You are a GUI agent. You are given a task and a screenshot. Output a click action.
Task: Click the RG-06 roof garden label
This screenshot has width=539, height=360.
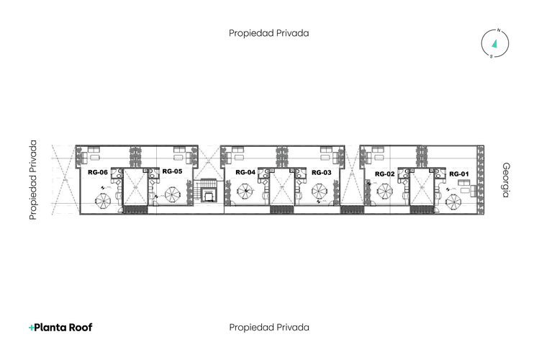pyautogui.click(x=98, y=173)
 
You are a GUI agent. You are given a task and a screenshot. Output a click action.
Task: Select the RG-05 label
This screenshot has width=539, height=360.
pyautogui.click(x=172, y=171)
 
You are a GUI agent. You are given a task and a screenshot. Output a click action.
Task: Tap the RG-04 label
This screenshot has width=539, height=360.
pyautogui.click(x=245, y=173)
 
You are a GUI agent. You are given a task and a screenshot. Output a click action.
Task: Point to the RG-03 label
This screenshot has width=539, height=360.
pyautogui.click(x=322, y=173)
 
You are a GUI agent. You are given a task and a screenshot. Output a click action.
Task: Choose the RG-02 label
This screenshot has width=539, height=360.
pyautogui.click(x=385, y=174)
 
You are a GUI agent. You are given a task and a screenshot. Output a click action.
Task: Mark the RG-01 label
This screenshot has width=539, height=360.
pyautogui.click(x=458, y=174)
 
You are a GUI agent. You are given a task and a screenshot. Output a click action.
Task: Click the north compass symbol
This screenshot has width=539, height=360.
pyautogui.click(x=495, y=44)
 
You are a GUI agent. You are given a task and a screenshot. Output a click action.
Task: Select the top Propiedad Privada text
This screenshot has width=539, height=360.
pyautogui.click(x=269, y=33)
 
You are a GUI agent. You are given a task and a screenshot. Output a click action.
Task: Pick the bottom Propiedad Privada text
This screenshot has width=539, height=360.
pyautogui.click(x=269, y=327)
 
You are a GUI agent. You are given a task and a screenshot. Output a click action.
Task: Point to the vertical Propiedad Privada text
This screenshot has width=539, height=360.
pyautogui.click(x=33, y=180)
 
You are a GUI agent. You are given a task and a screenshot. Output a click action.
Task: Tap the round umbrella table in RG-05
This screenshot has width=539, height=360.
pyautogui.click(x=173, y=194)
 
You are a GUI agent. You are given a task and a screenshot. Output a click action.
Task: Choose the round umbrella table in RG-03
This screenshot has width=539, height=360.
pyautogui.click(x=320, y=192)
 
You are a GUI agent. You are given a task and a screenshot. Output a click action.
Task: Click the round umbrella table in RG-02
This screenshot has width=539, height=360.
pyautogui.click(x=385, y=192)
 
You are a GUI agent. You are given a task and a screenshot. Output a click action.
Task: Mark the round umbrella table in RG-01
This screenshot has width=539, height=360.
pyautogui.click(x=453, y=201)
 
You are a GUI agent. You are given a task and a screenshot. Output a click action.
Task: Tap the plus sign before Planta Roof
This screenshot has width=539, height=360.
pyautogui.click(x=31, y=328)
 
